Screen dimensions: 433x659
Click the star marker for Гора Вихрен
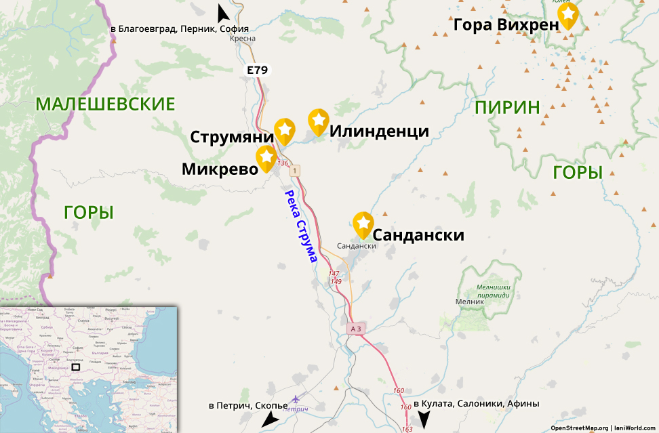(x=567, y=14)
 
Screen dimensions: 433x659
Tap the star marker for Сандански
(x=363, y=223)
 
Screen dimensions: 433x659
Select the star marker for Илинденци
(x=319, y=120)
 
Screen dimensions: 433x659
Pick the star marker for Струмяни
(x=285, y=129)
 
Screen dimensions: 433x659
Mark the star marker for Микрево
(x=266, y=157)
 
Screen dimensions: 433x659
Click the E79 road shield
(x=257, y=69)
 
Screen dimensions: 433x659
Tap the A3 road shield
(x=357, y=329)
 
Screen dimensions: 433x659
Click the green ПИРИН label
(x=507, y=107)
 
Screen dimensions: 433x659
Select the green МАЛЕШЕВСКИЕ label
(x=106, y=104)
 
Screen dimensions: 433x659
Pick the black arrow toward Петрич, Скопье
(x=270, y=420)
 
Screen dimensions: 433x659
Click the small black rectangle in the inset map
(x=76, y=367)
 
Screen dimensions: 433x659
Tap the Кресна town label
(x=243, y=39)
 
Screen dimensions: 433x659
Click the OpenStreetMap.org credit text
(x=579, y=428)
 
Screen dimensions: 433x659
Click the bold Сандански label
(x=419, y=235)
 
